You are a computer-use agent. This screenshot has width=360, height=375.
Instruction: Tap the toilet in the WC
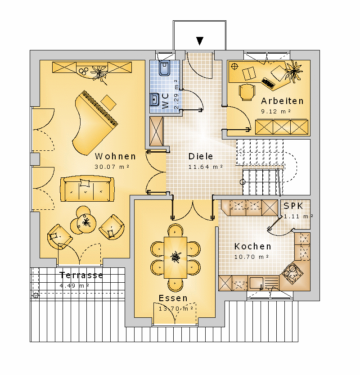(x=164, y=68)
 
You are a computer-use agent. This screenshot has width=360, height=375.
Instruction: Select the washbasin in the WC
(x=154, y=99)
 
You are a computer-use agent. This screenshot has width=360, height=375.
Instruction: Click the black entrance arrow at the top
(x=200, y=41)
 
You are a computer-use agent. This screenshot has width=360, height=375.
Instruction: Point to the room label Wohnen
(x=116, y=156)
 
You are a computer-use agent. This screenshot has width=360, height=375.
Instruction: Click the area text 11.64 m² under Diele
(x=206, y=167)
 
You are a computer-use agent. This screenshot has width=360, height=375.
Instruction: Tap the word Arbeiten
(x=282, y=101)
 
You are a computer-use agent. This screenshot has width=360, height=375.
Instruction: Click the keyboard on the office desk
(x=268, y=83)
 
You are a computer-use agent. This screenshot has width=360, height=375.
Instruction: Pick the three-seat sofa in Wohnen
(x=87, y=189)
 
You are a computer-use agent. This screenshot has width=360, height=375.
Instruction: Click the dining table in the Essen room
(x=175, y=258)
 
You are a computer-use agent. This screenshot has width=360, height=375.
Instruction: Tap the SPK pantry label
(x=293, y=206)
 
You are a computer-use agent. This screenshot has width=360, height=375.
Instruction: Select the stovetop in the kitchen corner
(x=292, y=273)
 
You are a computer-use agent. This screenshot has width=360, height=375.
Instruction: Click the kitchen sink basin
(x=256, y=283)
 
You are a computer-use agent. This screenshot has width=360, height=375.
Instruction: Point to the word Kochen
(x=252, y=246)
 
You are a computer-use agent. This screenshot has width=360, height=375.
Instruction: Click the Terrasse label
(x=81, y=275)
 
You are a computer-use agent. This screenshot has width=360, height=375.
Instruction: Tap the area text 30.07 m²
(x=112, y=167)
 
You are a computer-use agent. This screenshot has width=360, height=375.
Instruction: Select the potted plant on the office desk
(x=294, y=71)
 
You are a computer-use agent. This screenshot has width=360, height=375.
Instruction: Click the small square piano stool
(x=108, y=103)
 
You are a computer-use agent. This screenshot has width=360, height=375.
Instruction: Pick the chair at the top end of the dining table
(x=175, y=230)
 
